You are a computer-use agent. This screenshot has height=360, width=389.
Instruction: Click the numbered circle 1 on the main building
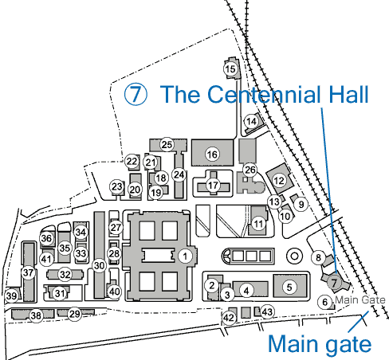click(185, 256)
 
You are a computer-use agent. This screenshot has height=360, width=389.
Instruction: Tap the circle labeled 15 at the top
click(230, 69)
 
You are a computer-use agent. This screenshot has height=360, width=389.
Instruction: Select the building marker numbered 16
click(212, 155)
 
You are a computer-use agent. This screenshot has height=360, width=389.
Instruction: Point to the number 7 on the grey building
click(334, 283)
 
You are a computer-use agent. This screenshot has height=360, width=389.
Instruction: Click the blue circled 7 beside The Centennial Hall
click(136, 94)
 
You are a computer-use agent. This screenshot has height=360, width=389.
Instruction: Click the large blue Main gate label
click(320, 344)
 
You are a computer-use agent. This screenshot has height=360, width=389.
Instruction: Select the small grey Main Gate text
click(360, 300)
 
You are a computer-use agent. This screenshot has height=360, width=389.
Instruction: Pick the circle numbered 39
click(11, 295)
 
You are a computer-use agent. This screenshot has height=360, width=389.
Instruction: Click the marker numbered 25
click(167, 145)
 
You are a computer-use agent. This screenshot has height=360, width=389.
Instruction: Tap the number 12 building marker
click(279, 181)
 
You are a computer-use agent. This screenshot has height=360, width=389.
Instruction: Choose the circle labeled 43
click(267, 311)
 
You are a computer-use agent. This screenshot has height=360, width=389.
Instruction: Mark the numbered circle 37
click(28, 272)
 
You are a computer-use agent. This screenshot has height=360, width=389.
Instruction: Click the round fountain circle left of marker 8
click(294, 256)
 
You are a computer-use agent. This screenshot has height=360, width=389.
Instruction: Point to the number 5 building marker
click(289, 287)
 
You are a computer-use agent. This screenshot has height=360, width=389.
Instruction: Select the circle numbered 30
click(99, 265)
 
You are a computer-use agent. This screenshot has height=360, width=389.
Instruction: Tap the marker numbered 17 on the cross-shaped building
click(213, 186)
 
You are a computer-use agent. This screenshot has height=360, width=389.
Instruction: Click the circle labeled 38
click(36, 315)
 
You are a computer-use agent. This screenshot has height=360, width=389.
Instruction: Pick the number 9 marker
click(301, 205)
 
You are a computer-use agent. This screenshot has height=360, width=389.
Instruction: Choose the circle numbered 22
click(132, 161)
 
